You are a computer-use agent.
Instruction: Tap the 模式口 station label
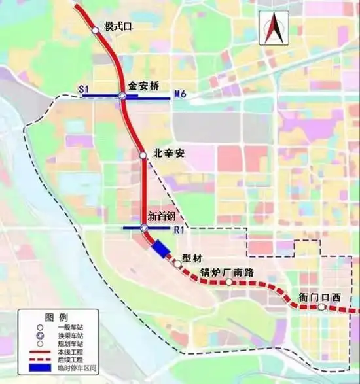[x=118, y=27]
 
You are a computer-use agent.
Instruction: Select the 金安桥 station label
[x=143, y=85]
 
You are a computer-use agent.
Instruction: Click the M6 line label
[x=181, y=96]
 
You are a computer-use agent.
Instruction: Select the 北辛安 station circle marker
[x=143, y=155]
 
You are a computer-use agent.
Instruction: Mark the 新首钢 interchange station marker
[x=143, y=228]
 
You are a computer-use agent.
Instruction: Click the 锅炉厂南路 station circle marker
[x=229, y=283]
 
